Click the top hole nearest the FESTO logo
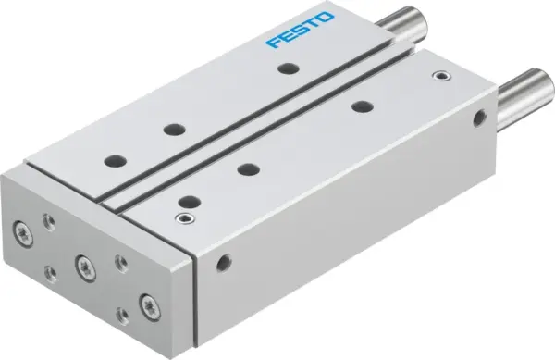tap(290, 67)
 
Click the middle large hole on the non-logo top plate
tap(247, 168)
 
